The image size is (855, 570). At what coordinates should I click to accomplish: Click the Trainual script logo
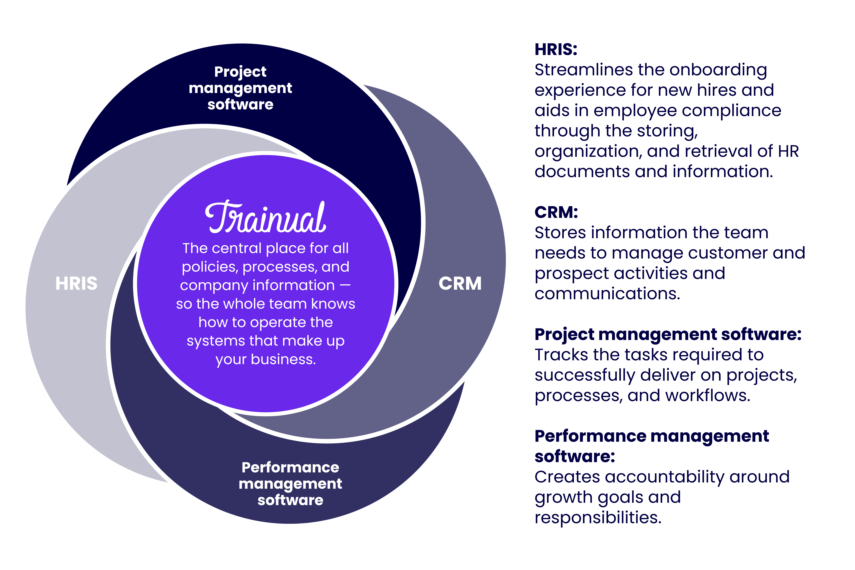coord(265,217)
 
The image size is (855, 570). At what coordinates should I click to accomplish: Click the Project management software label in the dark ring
coord(240,88)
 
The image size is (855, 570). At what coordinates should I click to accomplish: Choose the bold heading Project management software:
coord(668,334)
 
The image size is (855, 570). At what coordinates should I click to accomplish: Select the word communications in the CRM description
coord(607,294)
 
